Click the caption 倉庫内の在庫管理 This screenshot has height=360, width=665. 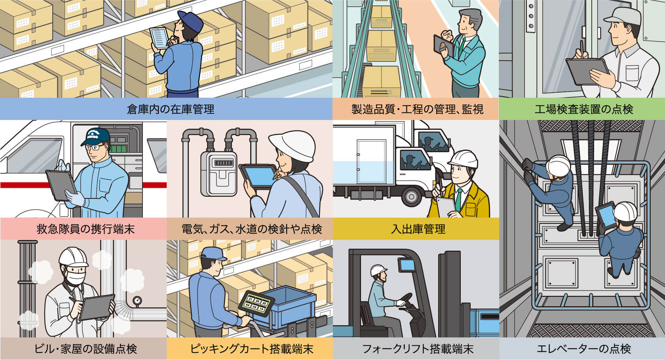tap(170, 109)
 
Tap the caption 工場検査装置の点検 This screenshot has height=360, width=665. tap(584, 109)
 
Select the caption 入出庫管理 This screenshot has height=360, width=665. tap(418, 229)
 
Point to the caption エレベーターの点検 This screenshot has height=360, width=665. tap(584, 349)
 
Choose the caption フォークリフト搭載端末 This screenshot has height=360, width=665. tap(418, 349)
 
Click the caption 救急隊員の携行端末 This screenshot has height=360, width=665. tap(85, 229)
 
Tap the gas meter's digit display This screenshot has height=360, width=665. tap(224, 163)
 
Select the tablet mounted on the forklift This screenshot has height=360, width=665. tap(407, 265)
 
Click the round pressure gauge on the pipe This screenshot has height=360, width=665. tap(137, 301)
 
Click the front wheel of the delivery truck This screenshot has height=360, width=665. tap(411, 196)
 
